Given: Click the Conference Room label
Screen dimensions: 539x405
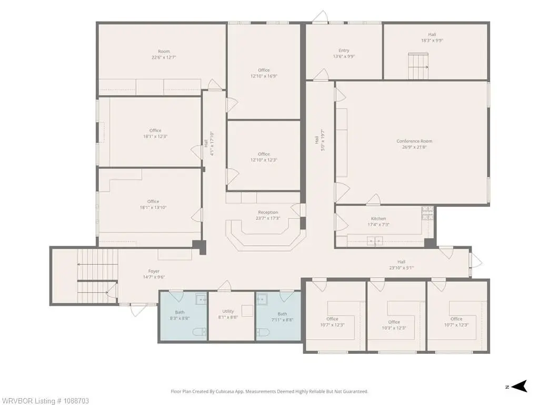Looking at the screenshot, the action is click(414, 141).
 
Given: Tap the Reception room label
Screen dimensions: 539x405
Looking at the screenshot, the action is click(268, 213).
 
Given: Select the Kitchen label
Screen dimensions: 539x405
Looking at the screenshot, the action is click(378, 219).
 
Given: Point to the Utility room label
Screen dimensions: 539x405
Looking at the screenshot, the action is click(228, 311).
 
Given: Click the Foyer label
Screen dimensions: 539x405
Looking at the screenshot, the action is click(154, 272).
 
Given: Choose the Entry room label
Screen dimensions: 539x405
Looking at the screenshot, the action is click(344, 50).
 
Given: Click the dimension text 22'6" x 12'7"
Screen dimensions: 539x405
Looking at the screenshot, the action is click(164, 57).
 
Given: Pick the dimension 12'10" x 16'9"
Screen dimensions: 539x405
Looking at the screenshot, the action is click(264, 76).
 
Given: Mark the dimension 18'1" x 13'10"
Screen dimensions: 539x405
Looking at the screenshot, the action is click(153, 208).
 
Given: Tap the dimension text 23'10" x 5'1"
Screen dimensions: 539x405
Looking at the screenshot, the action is click(401, 268).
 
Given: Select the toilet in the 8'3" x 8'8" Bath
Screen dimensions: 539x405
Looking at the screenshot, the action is click(199, 332).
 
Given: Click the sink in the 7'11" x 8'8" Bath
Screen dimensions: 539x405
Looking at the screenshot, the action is click(262, 299).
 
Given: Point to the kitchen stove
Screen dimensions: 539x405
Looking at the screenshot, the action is click(427, 213).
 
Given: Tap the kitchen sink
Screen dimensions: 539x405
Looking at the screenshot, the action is click(375, 241).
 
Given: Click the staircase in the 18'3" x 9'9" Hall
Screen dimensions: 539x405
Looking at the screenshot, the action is click(418, 66).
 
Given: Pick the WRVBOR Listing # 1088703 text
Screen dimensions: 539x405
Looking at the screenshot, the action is click(45, 401).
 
